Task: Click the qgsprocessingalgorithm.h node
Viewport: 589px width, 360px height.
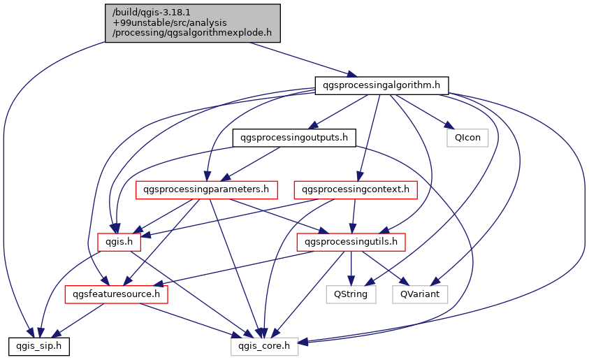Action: pos(381,85)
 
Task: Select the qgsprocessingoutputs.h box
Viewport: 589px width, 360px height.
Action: pos(293,138)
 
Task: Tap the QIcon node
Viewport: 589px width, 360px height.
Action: pos(467,138)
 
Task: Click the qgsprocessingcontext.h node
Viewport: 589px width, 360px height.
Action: pos(356,189)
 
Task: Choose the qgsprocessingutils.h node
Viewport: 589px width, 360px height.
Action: pos(351,242)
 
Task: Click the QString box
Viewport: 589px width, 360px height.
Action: pos(351,294)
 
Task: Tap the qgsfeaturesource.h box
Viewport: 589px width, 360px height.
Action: pos(117,294)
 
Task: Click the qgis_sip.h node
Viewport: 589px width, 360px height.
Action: pos(38,346)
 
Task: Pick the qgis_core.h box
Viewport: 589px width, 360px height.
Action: pos(265,346)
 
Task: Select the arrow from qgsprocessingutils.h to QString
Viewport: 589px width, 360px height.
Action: pos(351,268)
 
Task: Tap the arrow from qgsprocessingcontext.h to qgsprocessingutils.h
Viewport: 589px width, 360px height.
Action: pos(354,216)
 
